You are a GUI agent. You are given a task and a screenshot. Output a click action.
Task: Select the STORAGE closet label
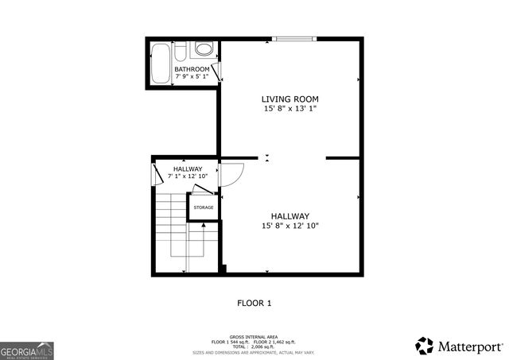coord(203,207)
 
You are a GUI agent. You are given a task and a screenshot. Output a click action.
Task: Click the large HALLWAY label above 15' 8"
coord(289,216)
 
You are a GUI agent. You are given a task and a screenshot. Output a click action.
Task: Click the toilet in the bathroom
coord(181,52)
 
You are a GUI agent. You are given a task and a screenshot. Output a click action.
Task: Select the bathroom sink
coord(204,49)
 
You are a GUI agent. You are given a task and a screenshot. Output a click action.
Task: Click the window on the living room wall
coord(294,38)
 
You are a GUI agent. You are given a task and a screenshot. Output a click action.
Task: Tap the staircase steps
coord(171,226)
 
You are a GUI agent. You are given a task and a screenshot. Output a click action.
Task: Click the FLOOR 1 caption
coord(254,303)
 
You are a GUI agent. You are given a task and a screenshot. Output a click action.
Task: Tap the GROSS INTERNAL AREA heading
coord(254,336)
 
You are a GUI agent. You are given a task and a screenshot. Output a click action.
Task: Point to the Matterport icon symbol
coord(424,346)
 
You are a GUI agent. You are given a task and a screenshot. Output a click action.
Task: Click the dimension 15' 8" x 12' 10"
coord(289,226)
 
